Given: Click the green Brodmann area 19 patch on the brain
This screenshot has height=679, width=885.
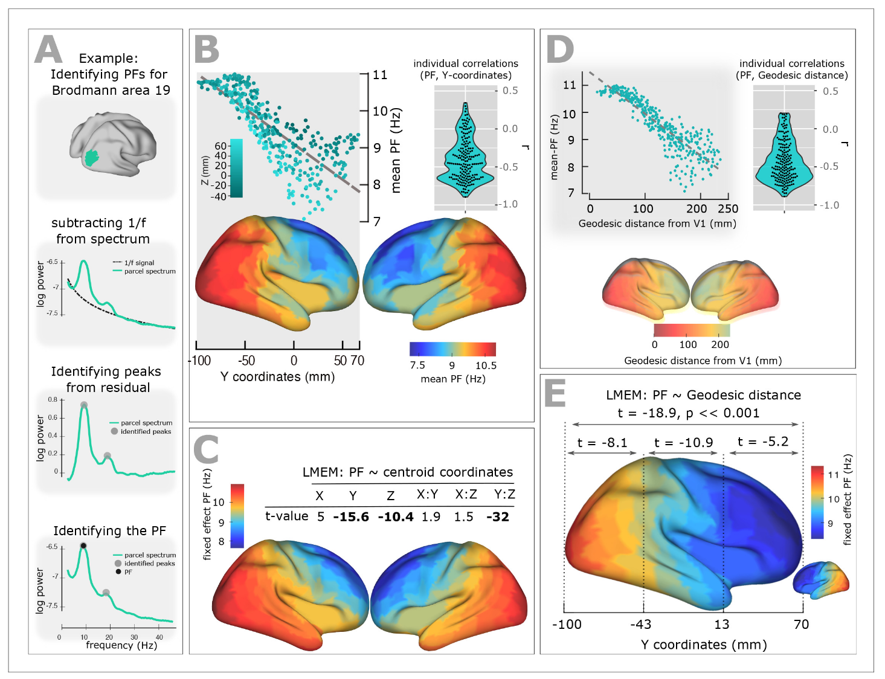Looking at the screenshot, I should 91,158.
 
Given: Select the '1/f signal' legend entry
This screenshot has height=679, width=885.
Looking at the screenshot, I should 134,263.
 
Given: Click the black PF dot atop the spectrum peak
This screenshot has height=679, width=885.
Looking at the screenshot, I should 83,545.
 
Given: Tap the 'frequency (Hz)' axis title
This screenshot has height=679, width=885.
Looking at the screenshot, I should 121,645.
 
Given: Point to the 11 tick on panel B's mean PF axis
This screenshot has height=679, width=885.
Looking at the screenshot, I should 380,75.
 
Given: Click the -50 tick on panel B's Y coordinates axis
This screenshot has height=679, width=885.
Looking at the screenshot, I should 246,361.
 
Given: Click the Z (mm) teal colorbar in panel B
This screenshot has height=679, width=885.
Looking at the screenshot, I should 236,169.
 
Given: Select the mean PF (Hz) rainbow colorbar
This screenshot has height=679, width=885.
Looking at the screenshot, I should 452,349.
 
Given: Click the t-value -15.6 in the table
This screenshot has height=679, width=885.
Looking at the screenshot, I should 351,517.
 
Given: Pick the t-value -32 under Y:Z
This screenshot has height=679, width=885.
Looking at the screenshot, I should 498,517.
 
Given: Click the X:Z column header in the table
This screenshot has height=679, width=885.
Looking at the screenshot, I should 466,495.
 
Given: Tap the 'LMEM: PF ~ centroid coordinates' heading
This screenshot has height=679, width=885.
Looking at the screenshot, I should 407,472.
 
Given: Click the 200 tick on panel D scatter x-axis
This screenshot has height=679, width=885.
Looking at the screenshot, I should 697,209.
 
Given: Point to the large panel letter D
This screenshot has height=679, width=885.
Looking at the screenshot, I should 559,50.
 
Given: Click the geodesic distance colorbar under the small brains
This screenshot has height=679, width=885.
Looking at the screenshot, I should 692,330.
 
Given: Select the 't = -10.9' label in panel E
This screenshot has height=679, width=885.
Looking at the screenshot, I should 683,443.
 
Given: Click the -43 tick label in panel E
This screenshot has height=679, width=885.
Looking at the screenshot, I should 641,625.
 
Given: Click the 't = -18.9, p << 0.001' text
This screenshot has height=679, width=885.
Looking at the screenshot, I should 688,413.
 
